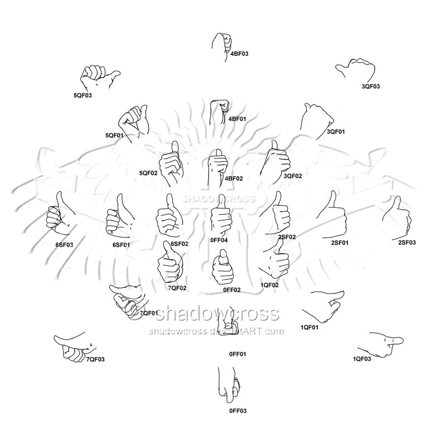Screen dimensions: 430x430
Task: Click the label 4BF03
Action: pos(239,54)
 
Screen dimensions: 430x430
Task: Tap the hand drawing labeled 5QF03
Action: pos(100,77)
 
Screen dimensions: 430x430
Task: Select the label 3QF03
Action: pos(370,86)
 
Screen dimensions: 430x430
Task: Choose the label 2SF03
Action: pos(407,242)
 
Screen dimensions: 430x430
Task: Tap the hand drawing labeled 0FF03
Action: pos(229,385)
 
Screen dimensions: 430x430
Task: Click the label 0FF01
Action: pos(237,354)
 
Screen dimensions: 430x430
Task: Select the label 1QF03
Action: pos(362,359)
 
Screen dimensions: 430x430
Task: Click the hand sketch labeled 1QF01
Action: pos(323,306)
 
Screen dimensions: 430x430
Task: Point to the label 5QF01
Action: pos(114,135)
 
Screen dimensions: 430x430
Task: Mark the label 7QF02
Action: pos(177,288)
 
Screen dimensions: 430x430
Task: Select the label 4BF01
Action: pos(237,119)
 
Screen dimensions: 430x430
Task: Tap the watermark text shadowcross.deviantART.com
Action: pos(216,331)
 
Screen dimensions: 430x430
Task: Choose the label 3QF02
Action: pos(292,176)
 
